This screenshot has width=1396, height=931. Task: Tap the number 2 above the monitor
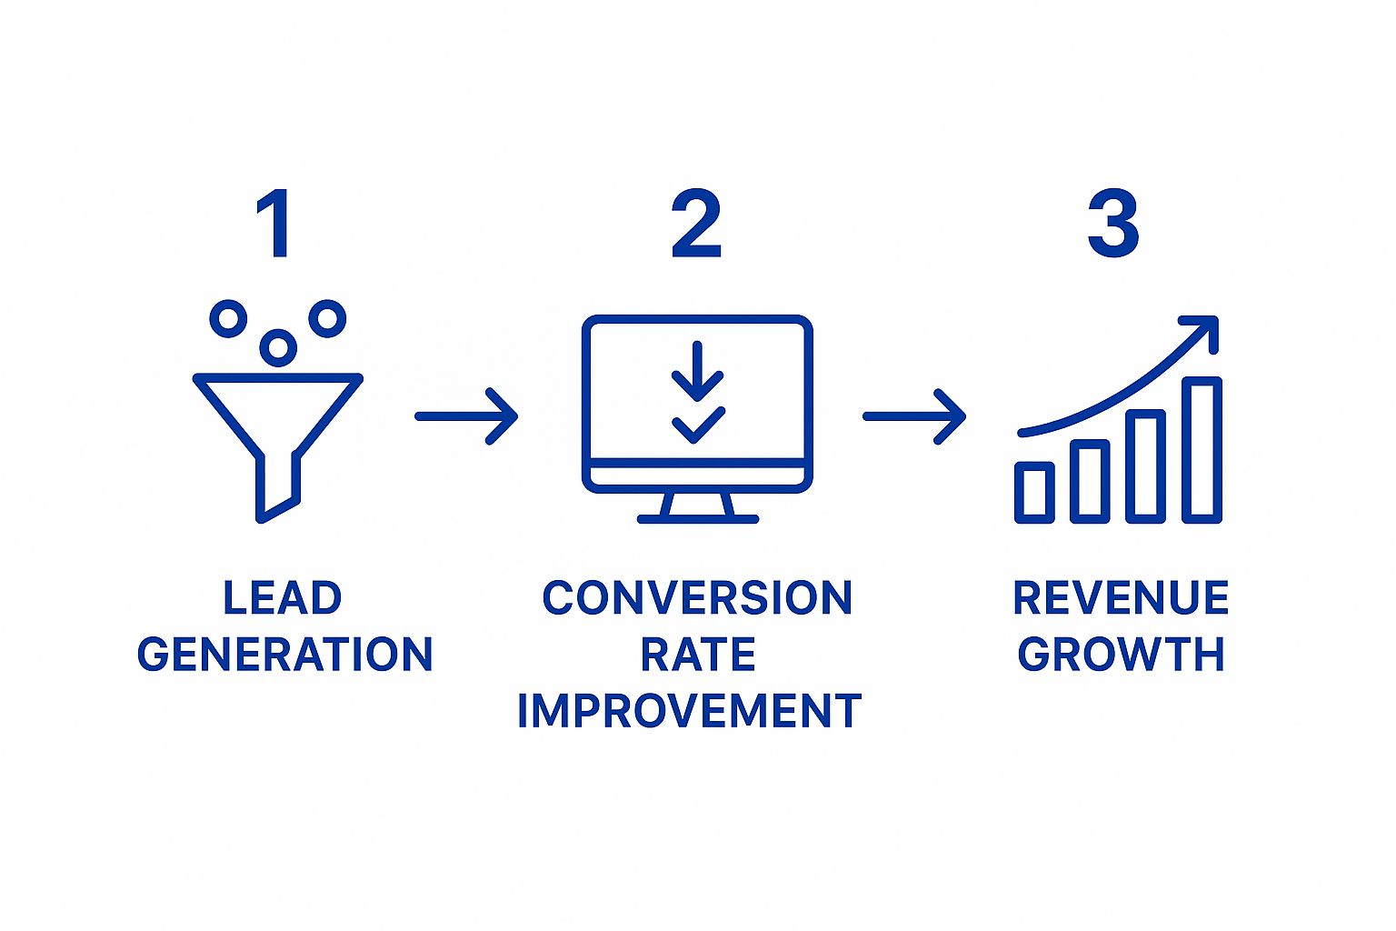point(696,224)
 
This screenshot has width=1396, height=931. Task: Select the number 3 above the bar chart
point(1113,224)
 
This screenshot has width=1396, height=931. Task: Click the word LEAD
point(283,598)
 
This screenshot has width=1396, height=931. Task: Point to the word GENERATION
point(284,655)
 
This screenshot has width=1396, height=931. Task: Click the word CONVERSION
point(697,598)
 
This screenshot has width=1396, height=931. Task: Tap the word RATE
point(697,655)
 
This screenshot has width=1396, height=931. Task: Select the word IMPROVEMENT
point(689,711)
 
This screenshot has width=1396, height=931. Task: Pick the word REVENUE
point(1121,598)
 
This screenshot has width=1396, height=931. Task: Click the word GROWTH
point(1121,655)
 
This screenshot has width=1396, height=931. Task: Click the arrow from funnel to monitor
point(467,416)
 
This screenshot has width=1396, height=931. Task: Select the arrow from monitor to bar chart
point(914,416)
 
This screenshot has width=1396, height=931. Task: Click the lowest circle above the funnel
point(278,347)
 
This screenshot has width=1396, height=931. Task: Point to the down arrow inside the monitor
point(697,373)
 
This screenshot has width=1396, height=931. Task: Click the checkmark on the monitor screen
point(697,425)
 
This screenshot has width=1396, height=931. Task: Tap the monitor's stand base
point(697,518)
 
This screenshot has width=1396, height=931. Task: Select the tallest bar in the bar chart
point(1202,450)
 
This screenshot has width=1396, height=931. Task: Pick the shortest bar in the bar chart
point(1034,492)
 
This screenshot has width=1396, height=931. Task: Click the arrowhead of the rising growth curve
point(1205,328)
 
